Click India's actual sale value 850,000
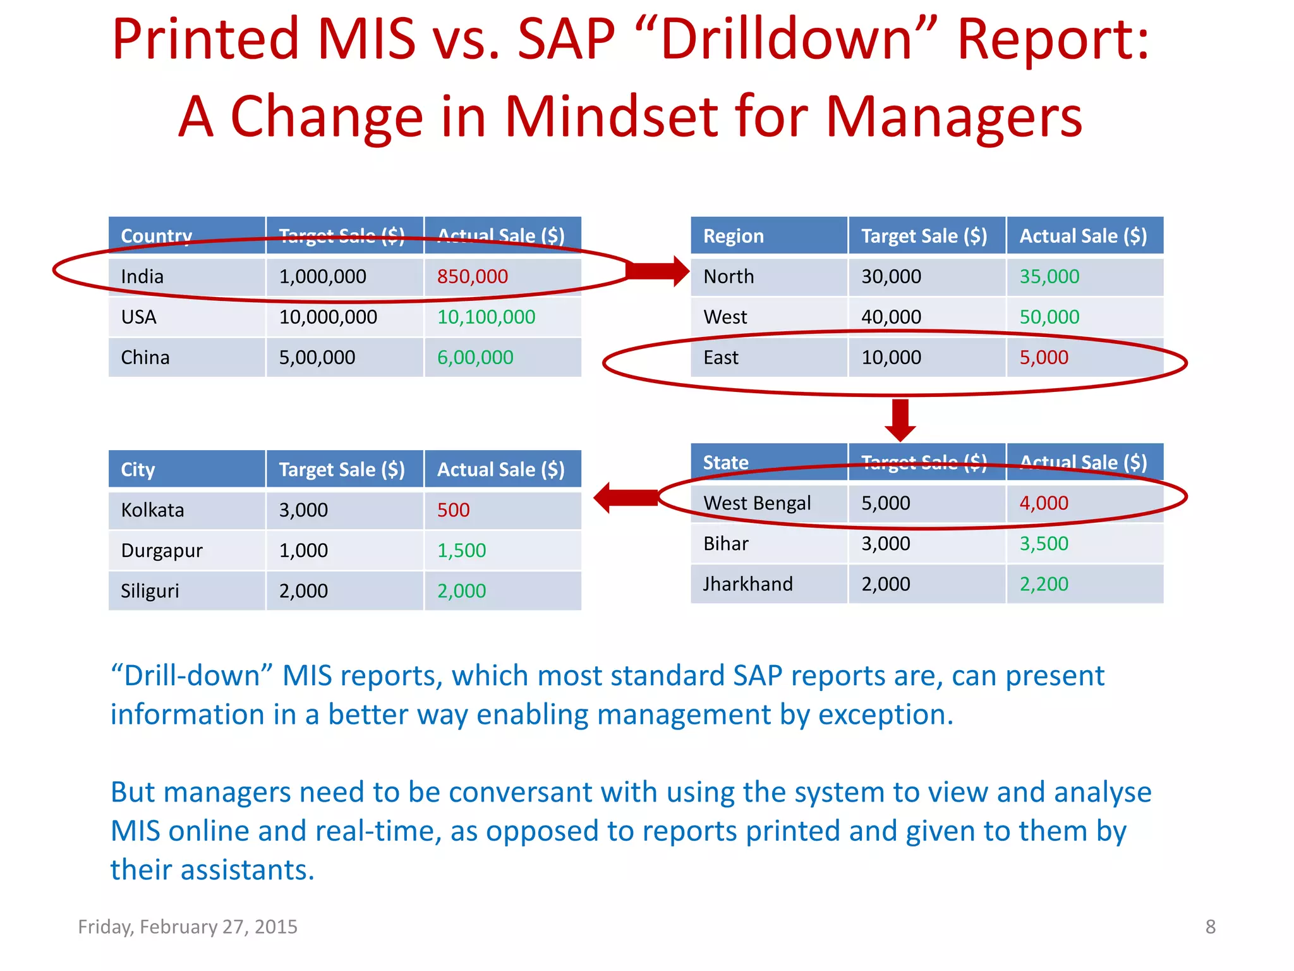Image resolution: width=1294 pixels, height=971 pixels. pos(472,277)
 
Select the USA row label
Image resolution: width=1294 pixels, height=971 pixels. pos(138,317)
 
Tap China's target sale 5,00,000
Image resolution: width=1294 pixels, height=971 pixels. pos(317,357)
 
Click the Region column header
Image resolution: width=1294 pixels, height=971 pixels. pos(733,236)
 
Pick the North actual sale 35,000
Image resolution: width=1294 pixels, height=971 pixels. pos(1049,277)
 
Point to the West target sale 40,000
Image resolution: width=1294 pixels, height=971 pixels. pos(891,317)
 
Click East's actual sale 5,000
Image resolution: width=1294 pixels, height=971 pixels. pos(1043,357)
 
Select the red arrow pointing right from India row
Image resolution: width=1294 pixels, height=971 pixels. pos(658,271)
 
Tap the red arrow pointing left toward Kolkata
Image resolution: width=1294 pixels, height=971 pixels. pos(626,498)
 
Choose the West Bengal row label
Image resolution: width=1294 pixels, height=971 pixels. pos(756,503)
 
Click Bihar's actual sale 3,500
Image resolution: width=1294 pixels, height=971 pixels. pos(1043,544)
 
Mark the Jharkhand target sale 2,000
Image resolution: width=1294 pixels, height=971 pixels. pos(885,584)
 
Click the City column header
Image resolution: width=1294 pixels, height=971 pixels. pos(138,470)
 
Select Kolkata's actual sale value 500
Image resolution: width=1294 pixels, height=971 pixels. pos(453,510)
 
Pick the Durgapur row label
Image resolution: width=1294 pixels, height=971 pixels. pos(162,551)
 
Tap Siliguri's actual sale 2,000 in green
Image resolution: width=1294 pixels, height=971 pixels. pos(461,591)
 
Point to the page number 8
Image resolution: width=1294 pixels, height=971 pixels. pos(1210,927)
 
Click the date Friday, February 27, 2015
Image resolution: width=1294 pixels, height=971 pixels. pos(188,927)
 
